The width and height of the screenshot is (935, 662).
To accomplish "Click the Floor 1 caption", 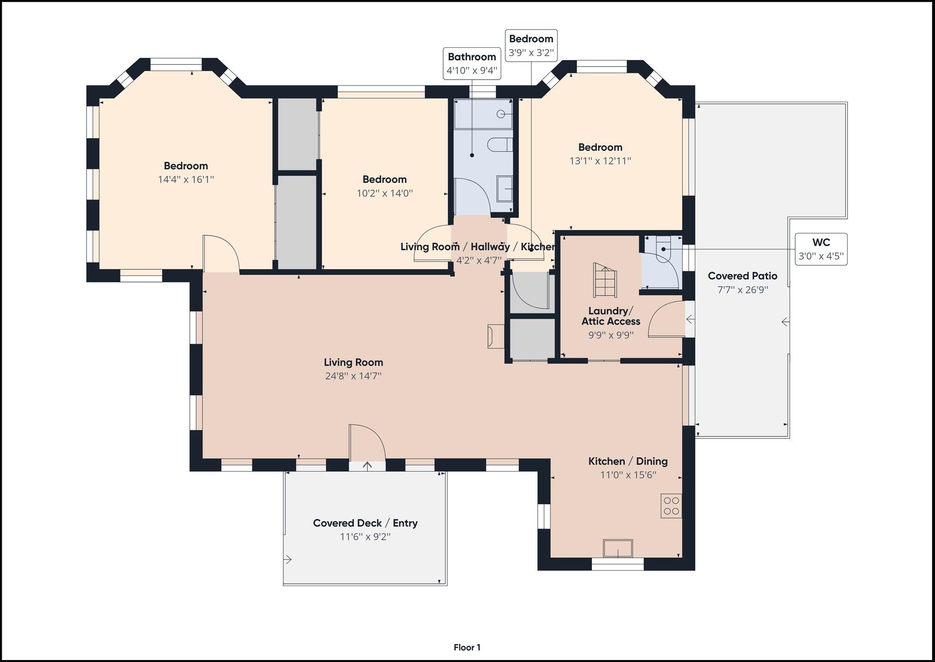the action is pyautogui.click(x=467, y=647).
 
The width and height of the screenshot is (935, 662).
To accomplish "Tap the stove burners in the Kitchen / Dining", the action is pyautogui.click(x=671, y=506).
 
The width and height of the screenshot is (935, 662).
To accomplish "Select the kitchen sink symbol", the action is pyautogui.click(x=618, y=548).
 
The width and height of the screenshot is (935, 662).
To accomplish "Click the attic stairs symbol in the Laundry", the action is pyautogui.click(x=605, y=280).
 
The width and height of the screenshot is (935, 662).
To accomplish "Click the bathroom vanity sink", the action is pyautogui.click(x=504, y=189).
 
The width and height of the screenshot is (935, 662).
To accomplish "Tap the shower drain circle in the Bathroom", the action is pyautogui.click(x=501, y=114).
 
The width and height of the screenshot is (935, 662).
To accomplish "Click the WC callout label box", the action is pyautogui.click(x=821, y=249).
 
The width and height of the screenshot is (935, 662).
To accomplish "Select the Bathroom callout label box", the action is pyautogui.click(x=472, y=64).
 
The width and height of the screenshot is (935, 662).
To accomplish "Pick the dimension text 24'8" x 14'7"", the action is pyautogui.click(x=353, y=376).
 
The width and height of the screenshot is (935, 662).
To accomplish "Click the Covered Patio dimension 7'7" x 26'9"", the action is pyautogui.click(x=742, y=290).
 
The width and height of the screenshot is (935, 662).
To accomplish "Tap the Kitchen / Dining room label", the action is pyautogui.click(x=628, y=461).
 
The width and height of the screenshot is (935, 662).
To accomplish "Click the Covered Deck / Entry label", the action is pyautogui.click(x=365, y=523).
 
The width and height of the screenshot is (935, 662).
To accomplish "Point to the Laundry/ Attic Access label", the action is pyautogui.click(x=611, y=316).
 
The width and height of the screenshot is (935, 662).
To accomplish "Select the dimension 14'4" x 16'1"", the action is pyautogui.click(x=186, y=179).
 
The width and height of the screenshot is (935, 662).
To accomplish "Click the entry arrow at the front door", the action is pyautogui.click(x=367, y=466).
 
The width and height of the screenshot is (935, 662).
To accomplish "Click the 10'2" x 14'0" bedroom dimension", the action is pyautogui.click(x=385, y=193).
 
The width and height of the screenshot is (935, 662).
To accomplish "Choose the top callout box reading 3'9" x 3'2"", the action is pyautogui.click(x=531, y=45).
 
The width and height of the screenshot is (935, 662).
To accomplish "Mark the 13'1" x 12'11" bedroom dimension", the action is pyautogui.click(x=600, y=160).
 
